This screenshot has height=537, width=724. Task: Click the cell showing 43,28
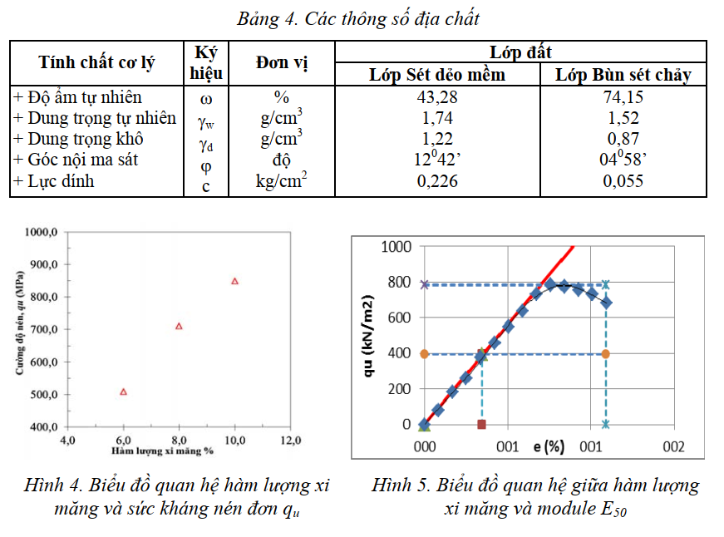click(x=437, y=97)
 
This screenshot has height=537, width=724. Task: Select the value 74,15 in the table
click(x=623, y=97)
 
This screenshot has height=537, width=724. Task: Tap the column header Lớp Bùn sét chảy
click(x=623, y=75)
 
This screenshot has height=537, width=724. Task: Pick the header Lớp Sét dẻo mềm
click(x=437, y=75)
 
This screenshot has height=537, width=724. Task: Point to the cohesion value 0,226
click(x=437, y=181)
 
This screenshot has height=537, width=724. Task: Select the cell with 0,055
click(x=623, y=181)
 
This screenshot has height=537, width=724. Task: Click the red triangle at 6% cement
click(x=124, y=392)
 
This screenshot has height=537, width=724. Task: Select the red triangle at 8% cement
click(x=179, y=326)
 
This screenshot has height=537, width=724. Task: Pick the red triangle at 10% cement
click(x=234, y=281)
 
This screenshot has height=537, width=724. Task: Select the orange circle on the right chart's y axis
click(x=424, y=354)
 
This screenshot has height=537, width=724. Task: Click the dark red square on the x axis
click(x=482, y=425)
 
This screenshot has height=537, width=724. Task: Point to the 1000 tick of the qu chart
click(x=396, y=247)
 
